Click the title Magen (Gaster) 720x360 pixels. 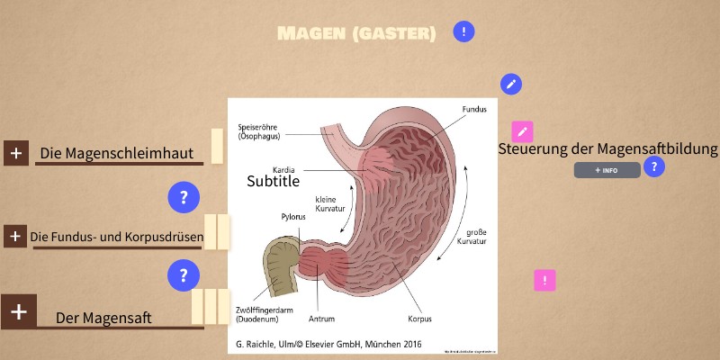tap(356, 34)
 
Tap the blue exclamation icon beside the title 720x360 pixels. tap(463, 32)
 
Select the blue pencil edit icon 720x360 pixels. tap(511, 85)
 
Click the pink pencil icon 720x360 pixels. tap(522, 131)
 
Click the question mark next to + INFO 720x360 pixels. tap(654, 166)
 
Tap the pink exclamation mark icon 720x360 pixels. tap(544, 280)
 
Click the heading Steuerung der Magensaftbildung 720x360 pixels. tap(607, 149)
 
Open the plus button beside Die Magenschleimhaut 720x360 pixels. tap(16, 153)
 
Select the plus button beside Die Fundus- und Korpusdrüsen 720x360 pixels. tap(14, 237)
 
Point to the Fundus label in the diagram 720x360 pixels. tap(474, 110)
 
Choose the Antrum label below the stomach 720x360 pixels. tap(321, 319)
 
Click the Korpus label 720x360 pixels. tap(419, 319)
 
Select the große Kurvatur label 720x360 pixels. tap(472, 237)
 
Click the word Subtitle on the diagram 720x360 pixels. tap(273, 181)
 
